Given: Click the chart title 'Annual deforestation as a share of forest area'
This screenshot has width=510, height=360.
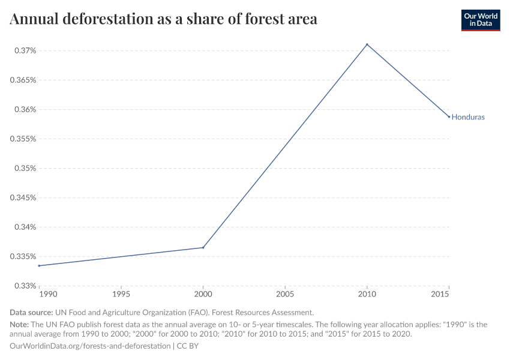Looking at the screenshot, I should [x=163, y=19].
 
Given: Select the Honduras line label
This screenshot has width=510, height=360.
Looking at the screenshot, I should [x=467, y=117].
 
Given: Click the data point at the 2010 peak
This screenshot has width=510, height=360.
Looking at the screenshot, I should [x=367, y=44].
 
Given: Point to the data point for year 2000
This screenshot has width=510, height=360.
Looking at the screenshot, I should [x=203, y=248].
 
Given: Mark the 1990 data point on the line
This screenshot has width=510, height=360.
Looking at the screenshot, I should [x=40, y=265].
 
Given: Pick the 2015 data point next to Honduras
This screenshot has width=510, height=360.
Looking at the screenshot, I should [x=448, y=116].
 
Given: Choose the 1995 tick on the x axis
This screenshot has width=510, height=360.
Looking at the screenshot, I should [x=121, y=295].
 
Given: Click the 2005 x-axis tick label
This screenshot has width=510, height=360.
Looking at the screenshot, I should [x=285, y=295].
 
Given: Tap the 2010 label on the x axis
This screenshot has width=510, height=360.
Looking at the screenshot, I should [x=367, y=295].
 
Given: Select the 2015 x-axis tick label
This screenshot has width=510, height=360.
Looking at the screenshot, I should [x=441, y=295].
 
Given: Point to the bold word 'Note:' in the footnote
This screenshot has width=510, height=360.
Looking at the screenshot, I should [x=19, y=325].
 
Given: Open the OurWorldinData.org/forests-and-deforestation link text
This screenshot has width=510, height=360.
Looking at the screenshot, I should [x=90, y=346].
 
